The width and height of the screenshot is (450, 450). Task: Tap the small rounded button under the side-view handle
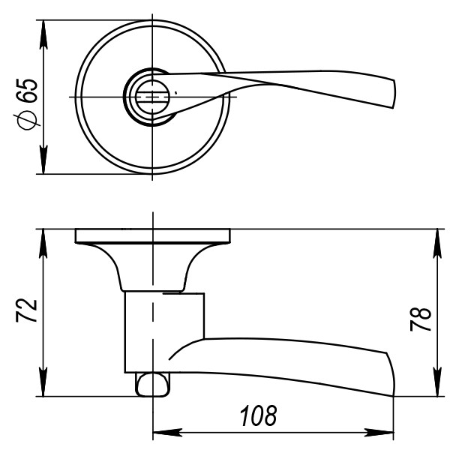click(x=151, y=383)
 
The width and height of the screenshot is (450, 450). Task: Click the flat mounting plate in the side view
click(x=152, y=236)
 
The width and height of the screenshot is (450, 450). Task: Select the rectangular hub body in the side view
click(x=163, y=330)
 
